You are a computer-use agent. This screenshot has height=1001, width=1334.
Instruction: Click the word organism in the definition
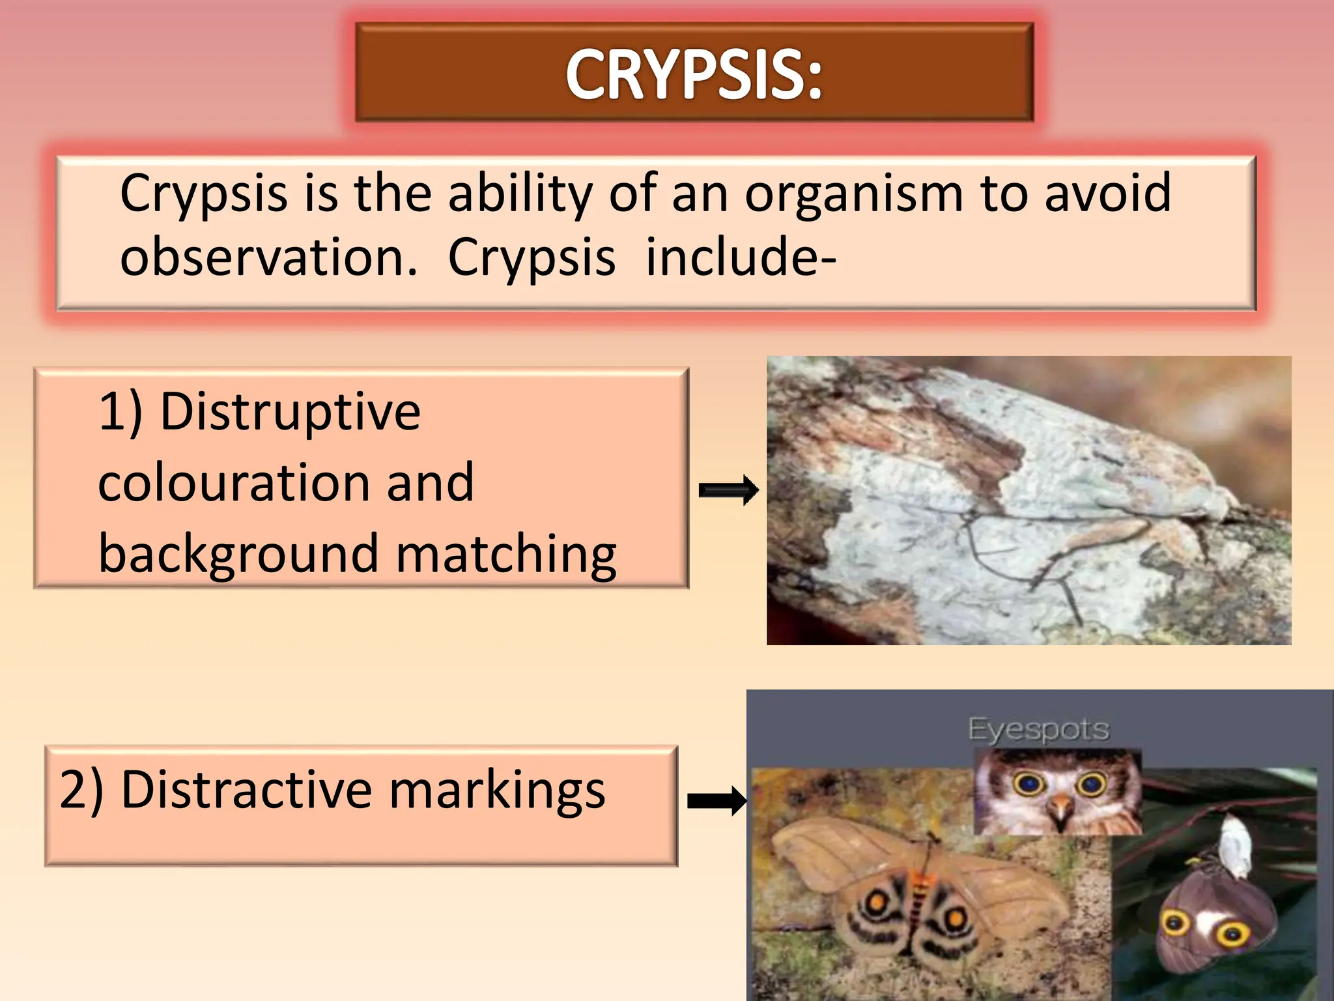(x=853, y=194)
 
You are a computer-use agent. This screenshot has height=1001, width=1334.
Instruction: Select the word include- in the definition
(x=741, y=257)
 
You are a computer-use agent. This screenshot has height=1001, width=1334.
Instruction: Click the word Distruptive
(x=291, y=412)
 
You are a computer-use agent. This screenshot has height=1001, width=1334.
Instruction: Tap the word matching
(x=505, y=554)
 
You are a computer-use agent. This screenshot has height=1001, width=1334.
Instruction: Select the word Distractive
(x=246, y=790)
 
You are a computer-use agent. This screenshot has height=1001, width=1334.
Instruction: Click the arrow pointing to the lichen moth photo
(x=728, y=491)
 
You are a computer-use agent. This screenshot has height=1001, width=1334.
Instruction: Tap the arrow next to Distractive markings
(x=717, y=801)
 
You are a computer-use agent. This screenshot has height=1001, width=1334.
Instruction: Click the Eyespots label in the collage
(x=1038, y=729)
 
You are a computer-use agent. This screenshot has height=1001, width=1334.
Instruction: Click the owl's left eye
(x=1029, y=784)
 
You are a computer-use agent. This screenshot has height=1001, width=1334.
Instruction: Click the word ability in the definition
(x=520, y=194)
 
